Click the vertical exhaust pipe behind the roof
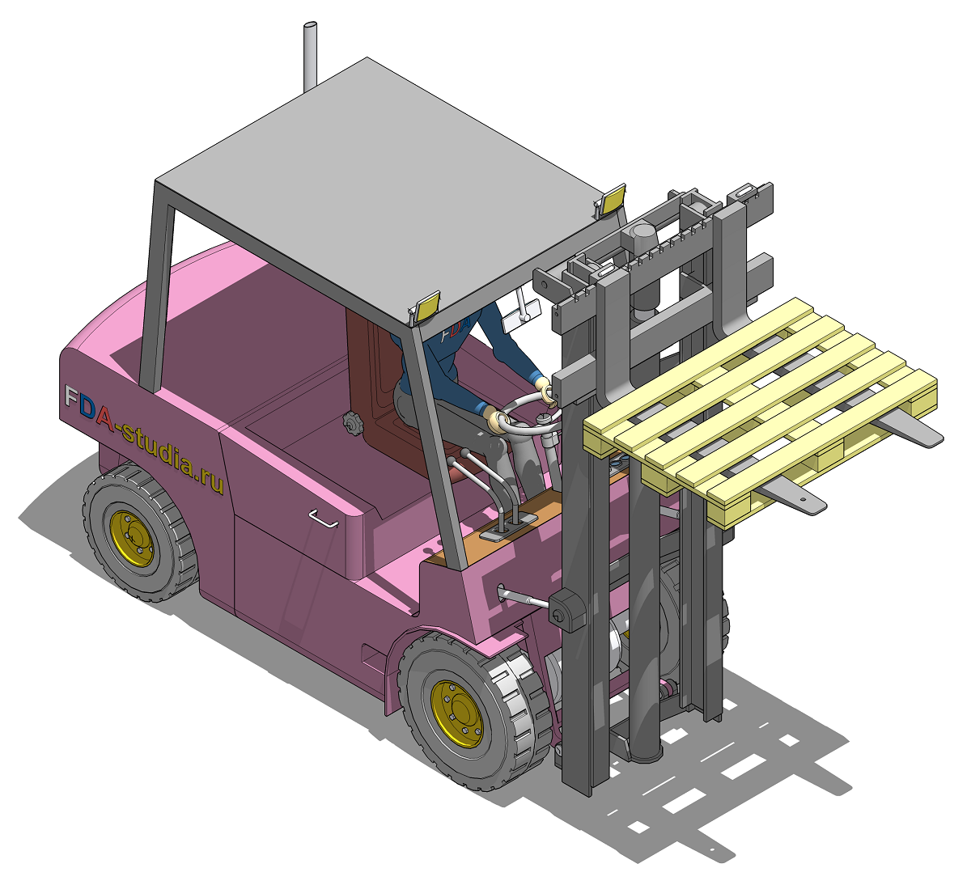click(309, 56)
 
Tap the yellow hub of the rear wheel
click(132, 538)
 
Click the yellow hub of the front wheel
click(457, 714)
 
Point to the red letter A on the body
click(105, 417)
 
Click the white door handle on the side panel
click(324, 518)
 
